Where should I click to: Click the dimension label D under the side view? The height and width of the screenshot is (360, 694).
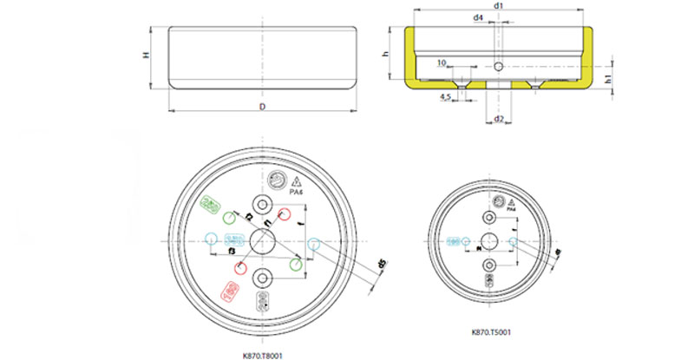262,107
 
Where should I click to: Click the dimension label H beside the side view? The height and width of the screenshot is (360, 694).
146,56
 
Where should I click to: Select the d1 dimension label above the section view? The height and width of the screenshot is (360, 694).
499,6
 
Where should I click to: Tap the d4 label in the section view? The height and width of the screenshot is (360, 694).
479,17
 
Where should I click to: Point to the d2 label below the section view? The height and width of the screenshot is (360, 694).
499,118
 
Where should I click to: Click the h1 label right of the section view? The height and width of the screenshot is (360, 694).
610,79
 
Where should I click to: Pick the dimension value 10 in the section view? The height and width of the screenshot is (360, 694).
441,62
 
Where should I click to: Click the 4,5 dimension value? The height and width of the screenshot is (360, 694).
445,96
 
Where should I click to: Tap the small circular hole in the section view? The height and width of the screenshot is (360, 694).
499,67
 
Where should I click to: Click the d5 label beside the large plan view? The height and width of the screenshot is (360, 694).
383,265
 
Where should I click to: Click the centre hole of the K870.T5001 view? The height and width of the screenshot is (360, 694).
490,240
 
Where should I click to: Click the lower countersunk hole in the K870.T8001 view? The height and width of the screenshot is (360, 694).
262,278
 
